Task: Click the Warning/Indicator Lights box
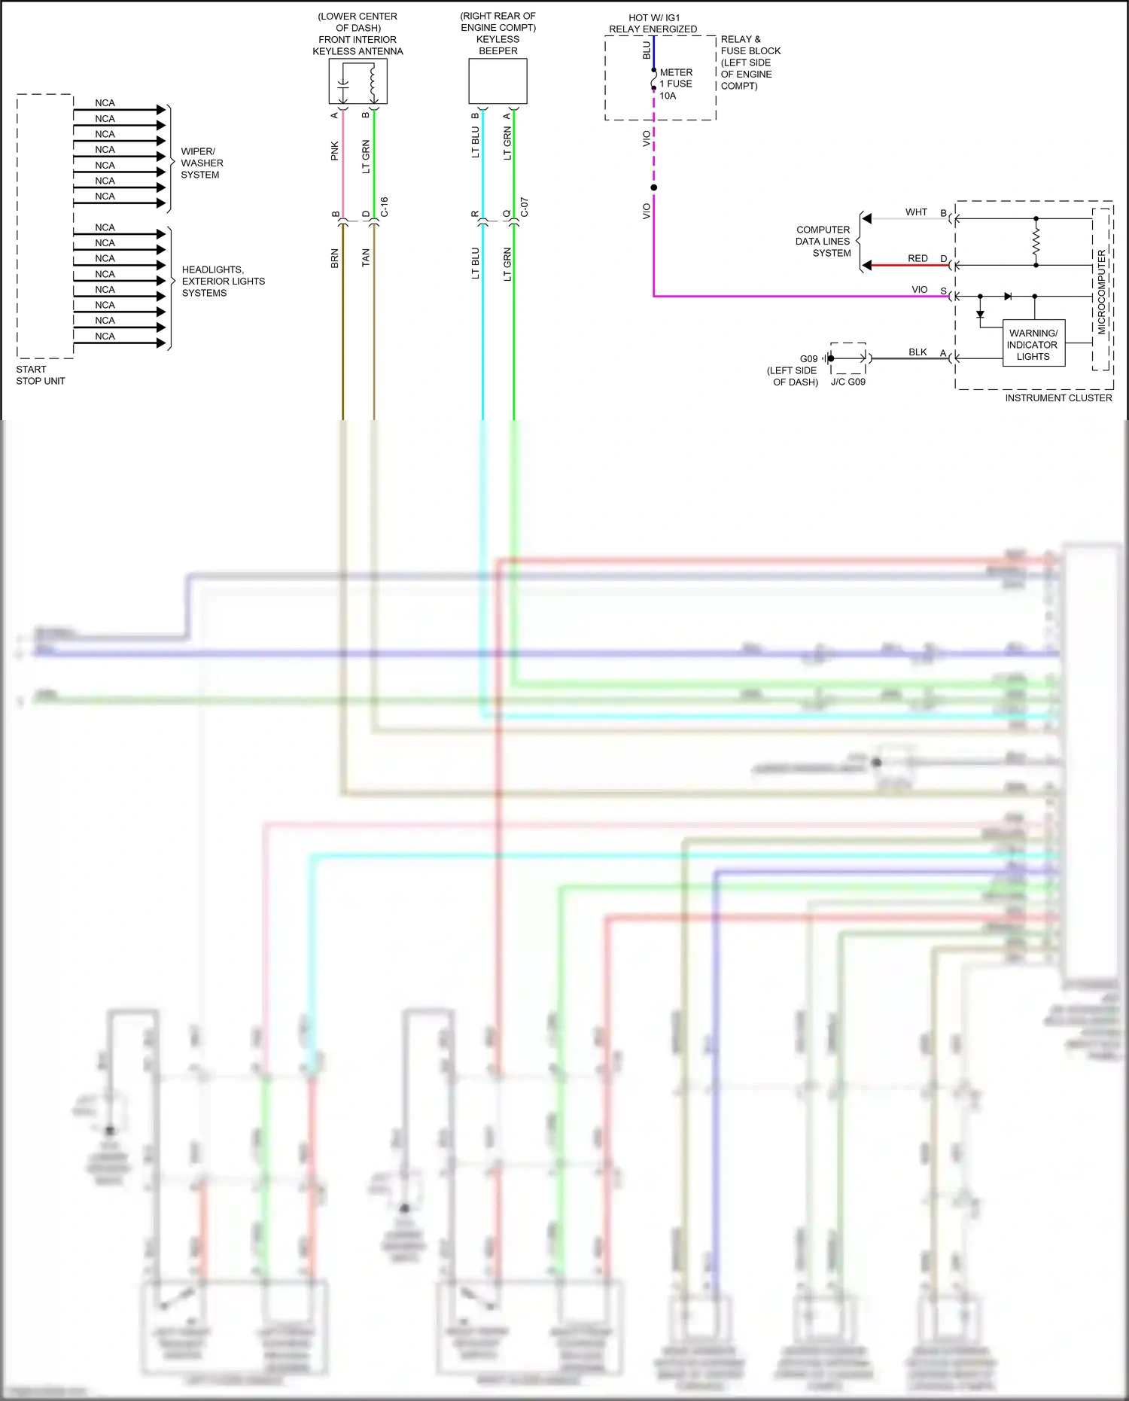pyautogui.click(x=1033, y=344)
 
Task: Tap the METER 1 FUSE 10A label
pyautogui.click(x=675, y=84)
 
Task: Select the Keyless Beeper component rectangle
pyautogui.click(x=498, y=81)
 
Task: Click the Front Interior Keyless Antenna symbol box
pyautogui.click(x=358, y=81)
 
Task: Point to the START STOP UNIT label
pyautogui.click(x=41, y=375)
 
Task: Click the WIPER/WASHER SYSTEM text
pyautogui.click(x=201, y=163)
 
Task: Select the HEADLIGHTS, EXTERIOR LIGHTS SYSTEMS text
pyautogui.click(x=223, y=281)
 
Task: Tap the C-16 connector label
pyautogui.click(x=384, y=207)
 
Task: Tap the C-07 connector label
pyautogui.click(x=524, y=207)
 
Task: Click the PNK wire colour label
pyautogui.click(x=335, y=151)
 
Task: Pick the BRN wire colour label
pyautogui.click(x=335, y=258)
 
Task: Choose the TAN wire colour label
pyautogui.click(x=366, y=257)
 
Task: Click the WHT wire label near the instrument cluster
pyautogui.click(x=916, y=212)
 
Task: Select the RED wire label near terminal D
pyautogui.click(x=918, y=258)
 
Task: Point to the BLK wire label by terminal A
pyautogui.click(x=918, y=352)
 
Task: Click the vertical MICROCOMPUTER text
pyautogui.click(x=1101, y=292)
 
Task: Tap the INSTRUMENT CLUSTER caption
pyautogui.click(x=1057, y=397)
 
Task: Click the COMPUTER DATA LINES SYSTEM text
pyautogui.click(x=823, y=241)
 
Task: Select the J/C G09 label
pyautogui.click(x=848, y=382)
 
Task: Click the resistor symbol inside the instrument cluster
pyautogui.click(x=1036, y=242)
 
